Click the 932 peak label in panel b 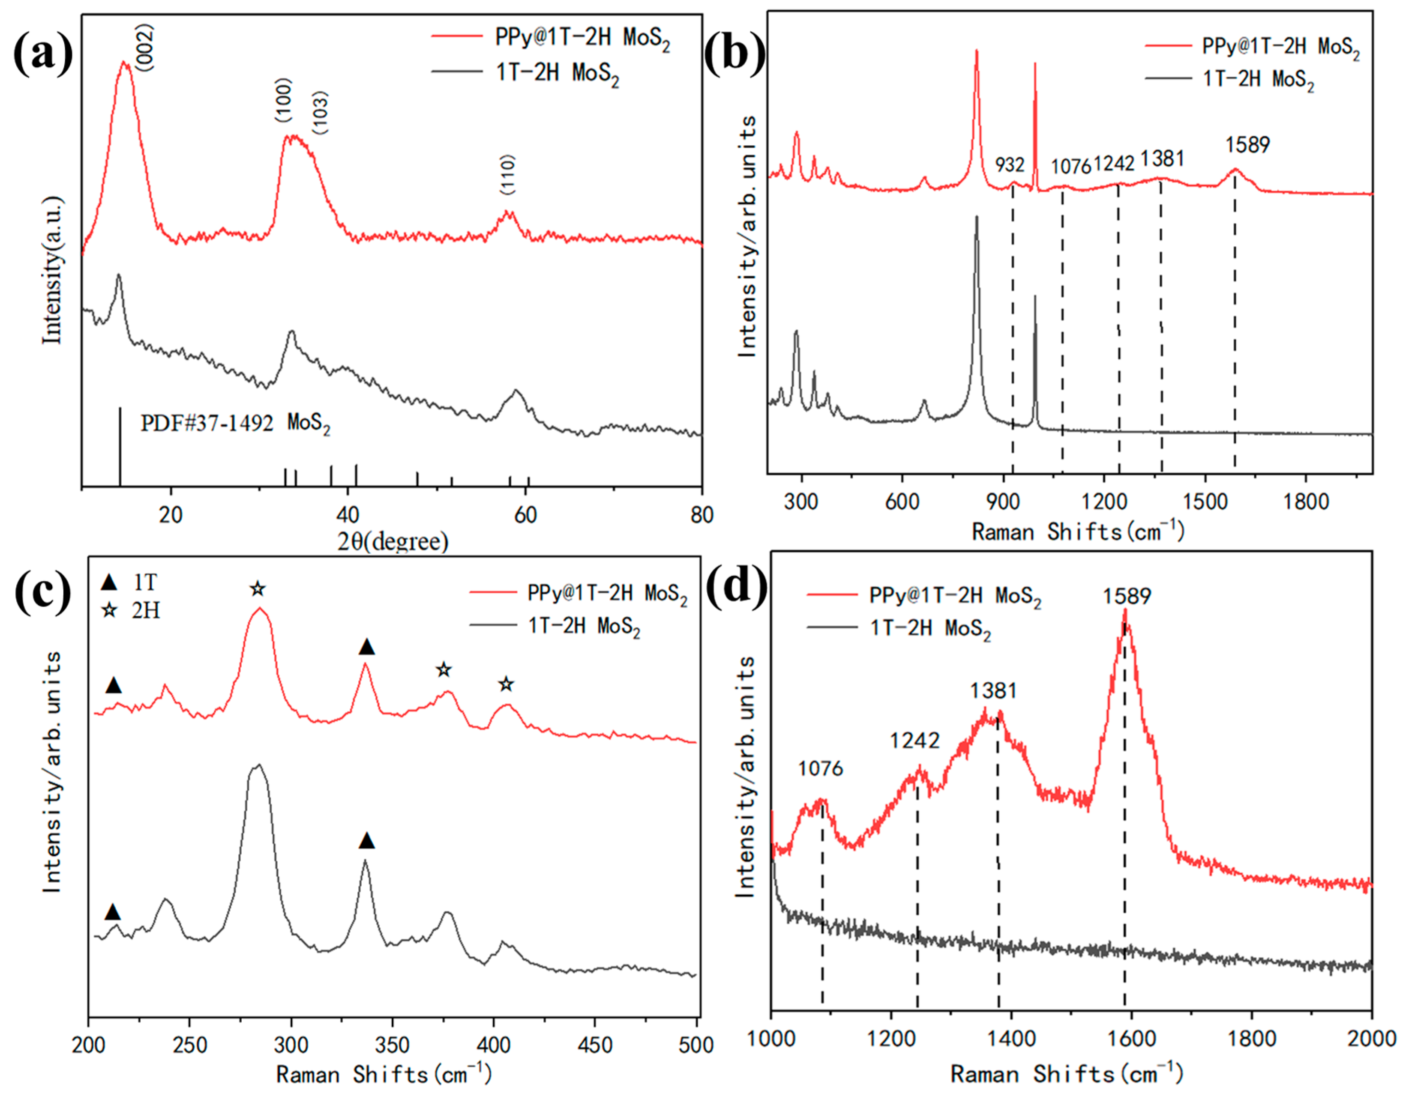tap(1010, 165)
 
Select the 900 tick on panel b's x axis tap(1003, 502)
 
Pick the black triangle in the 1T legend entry tap(109, 583)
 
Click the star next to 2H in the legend tap(109, 610)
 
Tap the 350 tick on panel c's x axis tap(392, 1045)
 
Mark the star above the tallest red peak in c tap(258, 589)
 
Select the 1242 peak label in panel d tap(914, 740)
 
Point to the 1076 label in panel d tap(820, 769)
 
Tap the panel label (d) tap(735, 586)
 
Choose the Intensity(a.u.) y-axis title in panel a tap(52, 270)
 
